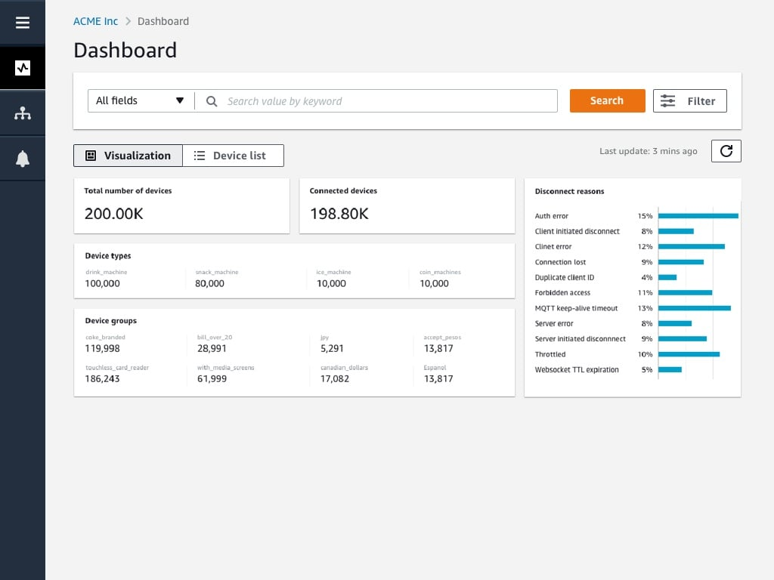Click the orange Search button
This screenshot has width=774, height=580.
[607, 100]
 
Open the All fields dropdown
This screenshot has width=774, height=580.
[140, 100]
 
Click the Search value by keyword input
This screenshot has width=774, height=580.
[378, 101]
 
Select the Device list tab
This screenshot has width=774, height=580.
[233, 156]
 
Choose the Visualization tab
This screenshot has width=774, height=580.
[128, 156]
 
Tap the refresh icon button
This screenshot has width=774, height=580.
[726, 151]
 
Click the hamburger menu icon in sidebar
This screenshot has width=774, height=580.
[23, 23]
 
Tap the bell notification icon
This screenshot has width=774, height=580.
[23, 159]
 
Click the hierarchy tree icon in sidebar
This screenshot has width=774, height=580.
[23, 113]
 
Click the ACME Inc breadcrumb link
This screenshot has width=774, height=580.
[95, 21]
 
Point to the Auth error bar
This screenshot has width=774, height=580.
[698, 216]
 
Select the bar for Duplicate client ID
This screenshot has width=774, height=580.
[667, 277]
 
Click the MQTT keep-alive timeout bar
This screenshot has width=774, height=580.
[694, 308]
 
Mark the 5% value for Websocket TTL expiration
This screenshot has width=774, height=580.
[646, 370]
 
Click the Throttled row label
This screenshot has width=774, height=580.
[550, 354]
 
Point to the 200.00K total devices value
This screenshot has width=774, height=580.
[113, 214]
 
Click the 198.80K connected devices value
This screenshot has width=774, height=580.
[339, 214]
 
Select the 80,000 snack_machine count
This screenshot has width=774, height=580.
[210, 283]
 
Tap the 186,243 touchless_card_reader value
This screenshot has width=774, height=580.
[102, 378]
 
